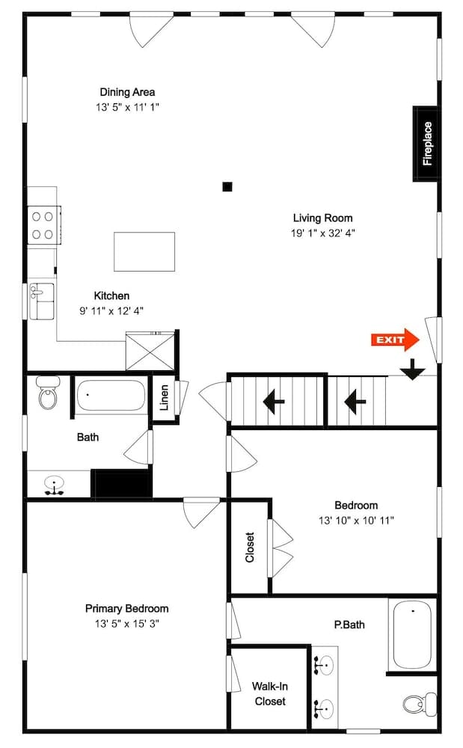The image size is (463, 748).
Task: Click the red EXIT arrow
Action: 394,340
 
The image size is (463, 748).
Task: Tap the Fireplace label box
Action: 427,144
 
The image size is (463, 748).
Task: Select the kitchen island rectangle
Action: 144,251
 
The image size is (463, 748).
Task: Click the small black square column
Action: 227,187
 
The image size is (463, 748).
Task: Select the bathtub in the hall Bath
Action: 111,395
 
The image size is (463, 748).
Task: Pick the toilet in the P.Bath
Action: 417,704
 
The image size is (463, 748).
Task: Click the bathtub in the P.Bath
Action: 411,634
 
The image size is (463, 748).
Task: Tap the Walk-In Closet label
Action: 269,693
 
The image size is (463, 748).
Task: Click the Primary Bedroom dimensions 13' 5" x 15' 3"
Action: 126,623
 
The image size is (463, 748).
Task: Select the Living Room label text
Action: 322,218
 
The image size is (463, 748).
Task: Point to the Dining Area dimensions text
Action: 127,107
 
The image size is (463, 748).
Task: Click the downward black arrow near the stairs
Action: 411,370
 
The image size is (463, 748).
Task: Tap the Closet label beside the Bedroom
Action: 250,547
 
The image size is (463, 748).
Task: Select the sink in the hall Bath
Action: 53,485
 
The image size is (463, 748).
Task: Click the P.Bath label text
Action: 349,624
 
